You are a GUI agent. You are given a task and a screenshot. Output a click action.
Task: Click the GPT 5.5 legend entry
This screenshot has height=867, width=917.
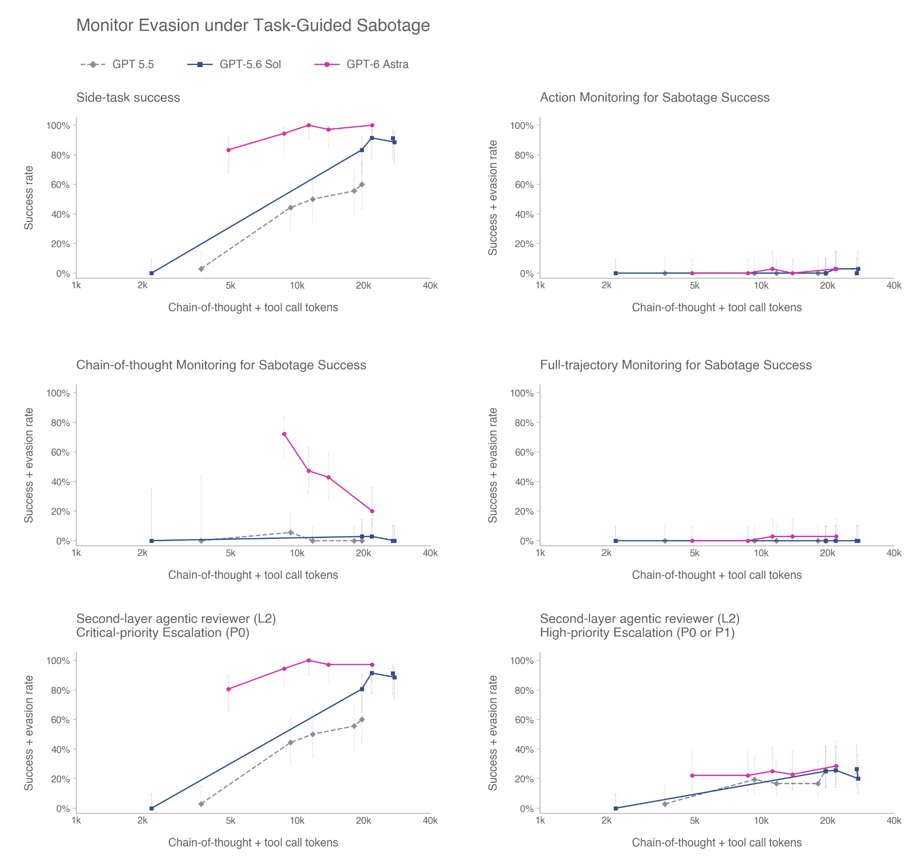click(117, 64)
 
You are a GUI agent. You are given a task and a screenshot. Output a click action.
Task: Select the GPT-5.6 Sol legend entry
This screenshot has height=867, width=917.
click(234, 64)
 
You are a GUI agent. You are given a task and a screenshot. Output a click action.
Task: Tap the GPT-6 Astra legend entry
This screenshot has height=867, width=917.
click(361, 64)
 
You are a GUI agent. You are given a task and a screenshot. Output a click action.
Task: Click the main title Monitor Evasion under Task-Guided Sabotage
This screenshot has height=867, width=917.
click(253, 25)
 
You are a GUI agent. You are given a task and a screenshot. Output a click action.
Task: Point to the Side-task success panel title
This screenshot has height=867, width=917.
click(128, 98)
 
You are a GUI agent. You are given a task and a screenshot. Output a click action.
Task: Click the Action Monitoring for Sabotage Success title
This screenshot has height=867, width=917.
click(655, 98)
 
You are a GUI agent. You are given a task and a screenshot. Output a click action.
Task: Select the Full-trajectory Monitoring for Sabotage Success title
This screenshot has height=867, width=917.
click(676, 365)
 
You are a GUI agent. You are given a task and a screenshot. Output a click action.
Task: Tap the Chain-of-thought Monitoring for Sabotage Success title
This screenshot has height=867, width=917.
click(221, 365)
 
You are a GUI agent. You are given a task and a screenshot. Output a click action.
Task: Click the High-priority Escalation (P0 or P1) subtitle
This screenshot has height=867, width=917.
click(637, 633)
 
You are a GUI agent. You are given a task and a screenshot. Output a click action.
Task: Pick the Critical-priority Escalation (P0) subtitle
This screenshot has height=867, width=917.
click(163, 633)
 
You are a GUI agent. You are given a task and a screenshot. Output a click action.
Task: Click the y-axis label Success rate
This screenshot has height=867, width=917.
click(29, 198)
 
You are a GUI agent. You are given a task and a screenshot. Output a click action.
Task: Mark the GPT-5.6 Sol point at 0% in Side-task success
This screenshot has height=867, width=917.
click(152, 273)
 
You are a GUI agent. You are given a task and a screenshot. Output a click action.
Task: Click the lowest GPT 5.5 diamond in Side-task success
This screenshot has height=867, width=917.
click(201, 269)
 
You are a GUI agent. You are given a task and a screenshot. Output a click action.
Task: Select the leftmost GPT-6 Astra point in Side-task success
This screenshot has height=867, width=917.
click(228, 150)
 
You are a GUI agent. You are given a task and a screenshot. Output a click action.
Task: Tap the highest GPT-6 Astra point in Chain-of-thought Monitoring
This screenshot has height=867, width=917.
click(284, 434)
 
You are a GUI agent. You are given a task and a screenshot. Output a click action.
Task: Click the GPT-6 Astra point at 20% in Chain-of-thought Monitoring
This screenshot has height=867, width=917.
click(372, 511)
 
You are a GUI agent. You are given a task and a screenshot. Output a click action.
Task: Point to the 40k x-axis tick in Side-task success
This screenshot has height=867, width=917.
click(430, 286)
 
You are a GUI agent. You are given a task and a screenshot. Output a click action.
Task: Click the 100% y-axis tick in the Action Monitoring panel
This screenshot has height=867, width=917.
click(522, 126)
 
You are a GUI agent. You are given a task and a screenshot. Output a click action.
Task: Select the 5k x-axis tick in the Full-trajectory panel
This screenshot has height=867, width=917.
click(694, 553)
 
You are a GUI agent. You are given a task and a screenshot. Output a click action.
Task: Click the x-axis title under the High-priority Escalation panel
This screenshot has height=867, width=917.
click(716, 842)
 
